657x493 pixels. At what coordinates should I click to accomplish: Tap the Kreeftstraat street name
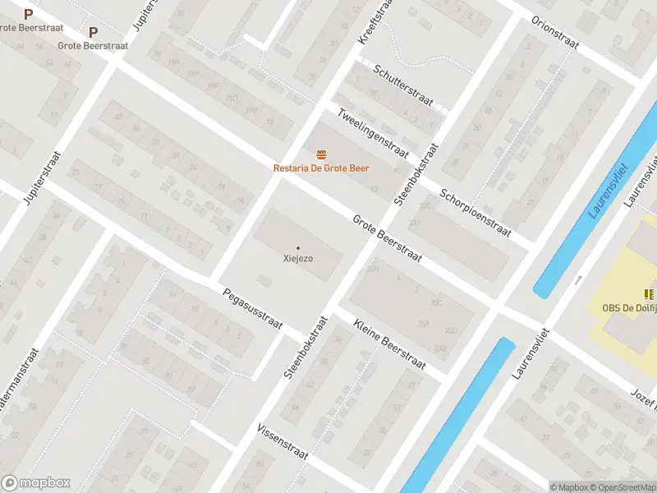pos(372,22)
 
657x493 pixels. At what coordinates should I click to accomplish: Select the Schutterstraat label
pos(402,85)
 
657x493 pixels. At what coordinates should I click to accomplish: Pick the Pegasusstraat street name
pos(251,310)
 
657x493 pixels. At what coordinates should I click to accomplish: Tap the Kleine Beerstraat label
pos(390,345)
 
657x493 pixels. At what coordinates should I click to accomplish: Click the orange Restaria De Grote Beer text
pos(321,168)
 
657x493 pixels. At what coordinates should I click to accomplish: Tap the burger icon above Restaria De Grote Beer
pos(321,154)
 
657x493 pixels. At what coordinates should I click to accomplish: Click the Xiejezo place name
pos(297,258)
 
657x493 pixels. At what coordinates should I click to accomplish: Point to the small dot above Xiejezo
pos(297,247)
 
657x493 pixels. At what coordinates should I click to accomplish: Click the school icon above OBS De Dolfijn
pos(650,293)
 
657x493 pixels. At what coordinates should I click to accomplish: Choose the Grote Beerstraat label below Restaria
pos(387,239)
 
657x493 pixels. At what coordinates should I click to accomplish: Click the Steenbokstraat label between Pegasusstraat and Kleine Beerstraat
pos(306,344)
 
